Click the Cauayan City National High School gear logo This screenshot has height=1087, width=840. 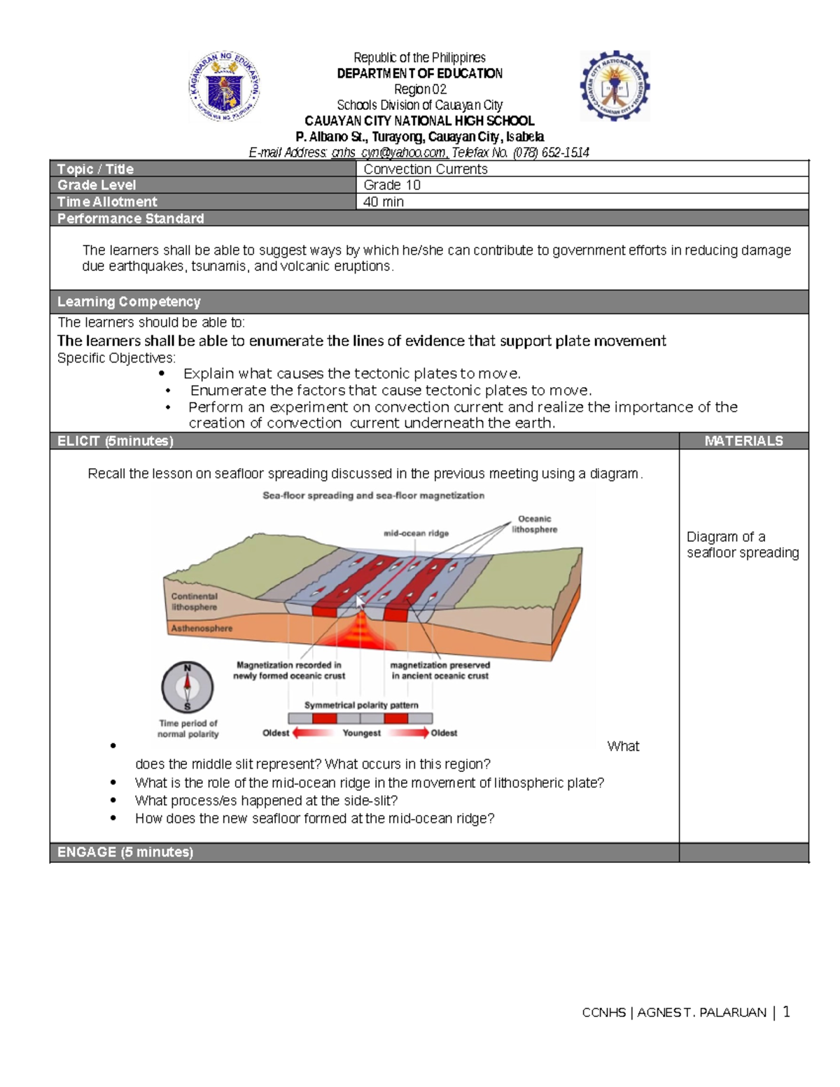(x=615, y=86)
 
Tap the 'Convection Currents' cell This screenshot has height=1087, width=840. (x=426, y=169)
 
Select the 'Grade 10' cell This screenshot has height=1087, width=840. (x=392, y=185)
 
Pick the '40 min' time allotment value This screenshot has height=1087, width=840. (x=384, y=202)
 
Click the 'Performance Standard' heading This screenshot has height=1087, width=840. (x=130, y=218)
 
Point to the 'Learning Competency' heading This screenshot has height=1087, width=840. (x=129, y=302)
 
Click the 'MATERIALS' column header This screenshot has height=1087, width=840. (x=743, y=441)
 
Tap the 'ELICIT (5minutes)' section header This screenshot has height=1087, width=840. (x=115, y=441)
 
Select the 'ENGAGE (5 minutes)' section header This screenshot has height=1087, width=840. (x=125, y=852)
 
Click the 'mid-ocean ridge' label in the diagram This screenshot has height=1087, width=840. (x=416, y=533)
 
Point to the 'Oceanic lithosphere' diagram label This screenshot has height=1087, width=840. (x=534, y=524)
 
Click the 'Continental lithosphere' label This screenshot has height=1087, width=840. (x=194, y=602)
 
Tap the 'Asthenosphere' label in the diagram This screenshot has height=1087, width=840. (x=202, y=629)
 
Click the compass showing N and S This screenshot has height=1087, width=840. (x=188, y=687)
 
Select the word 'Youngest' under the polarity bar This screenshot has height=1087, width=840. (x=361, y=733)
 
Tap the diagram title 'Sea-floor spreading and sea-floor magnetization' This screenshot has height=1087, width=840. (x=373, y=496)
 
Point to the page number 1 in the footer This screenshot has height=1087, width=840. (x=787, y=1011)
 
